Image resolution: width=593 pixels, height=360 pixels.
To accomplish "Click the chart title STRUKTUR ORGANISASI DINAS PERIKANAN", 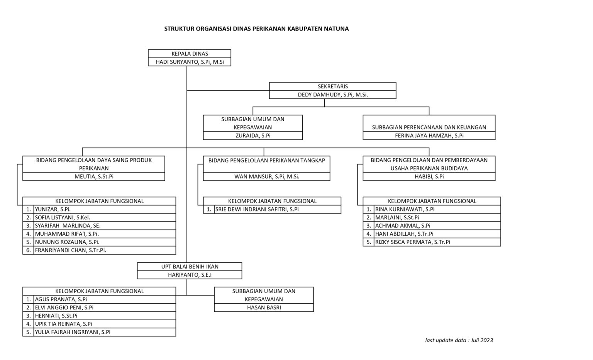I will tap(256, 29).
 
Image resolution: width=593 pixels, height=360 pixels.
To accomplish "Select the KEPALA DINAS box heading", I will tap(190, 54).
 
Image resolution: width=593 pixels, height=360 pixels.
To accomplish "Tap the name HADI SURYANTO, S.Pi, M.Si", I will tap(190, 62).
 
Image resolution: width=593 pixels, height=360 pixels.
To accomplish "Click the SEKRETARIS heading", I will tap(332, 86).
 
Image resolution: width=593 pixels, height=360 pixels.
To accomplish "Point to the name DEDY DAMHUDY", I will tap(332, 95).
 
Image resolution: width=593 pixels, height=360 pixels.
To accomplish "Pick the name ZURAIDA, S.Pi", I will tap(253, 135).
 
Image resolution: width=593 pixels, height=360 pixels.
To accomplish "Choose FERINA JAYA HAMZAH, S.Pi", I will tap(429, 135).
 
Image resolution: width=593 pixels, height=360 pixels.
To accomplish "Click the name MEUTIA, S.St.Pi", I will tap(94, 176).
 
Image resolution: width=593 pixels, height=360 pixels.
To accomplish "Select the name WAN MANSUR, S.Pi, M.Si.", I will tap(267, 176).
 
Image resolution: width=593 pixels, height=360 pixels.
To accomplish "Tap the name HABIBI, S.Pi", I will tap(429, 176).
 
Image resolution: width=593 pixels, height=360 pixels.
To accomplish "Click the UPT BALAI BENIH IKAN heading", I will tap(190, 267).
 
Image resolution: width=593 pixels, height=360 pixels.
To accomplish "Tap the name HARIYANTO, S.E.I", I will tap(190, 275).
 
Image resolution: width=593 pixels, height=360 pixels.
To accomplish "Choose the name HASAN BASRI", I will tap(264, 308).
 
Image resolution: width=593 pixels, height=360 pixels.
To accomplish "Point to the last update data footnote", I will tap(459, 340).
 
